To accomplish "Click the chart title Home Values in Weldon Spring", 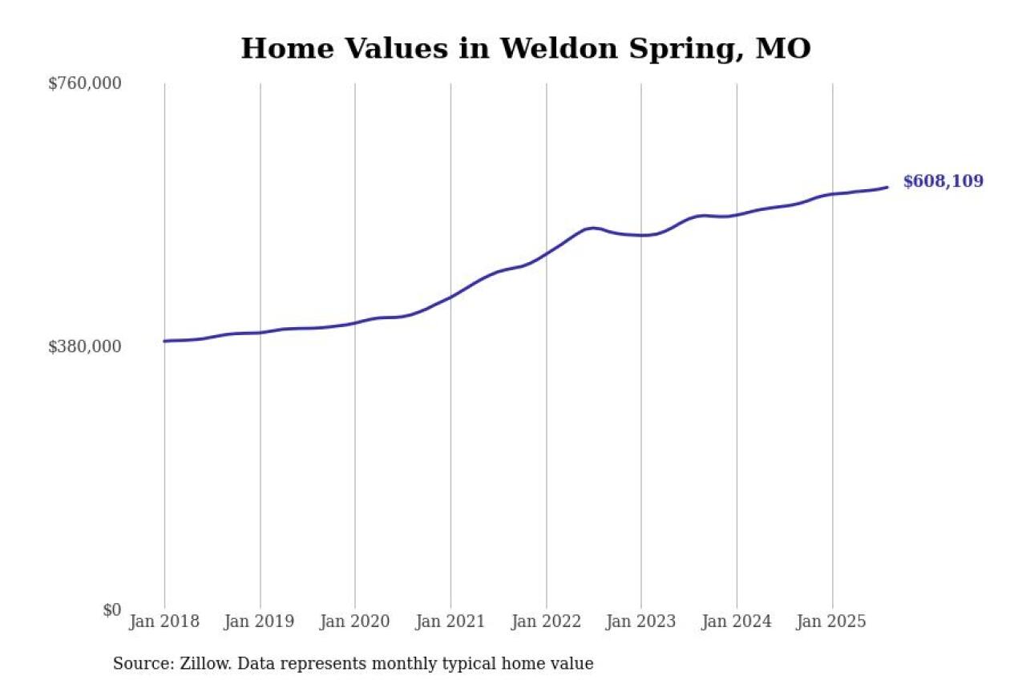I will click(526, 49).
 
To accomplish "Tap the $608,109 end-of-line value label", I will click(943, 181).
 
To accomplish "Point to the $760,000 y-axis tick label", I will click(85, 83).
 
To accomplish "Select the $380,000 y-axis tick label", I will click(85, 346).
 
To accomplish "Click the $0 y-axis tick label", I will click(111, 609).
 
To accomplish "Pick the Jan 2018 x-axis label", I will click(164, 621).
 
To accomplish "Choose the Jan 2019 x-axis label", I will click(260, 621).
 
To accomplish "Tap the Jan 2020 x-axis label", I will click(355, 621).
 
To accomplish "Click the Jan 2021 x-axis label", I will click(450, 621).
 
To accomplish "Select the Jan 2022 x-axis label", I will click(546, 621).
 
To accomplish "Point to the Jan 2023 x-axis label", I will click(641, 621).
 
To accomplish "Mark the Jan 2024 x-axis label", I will click(737, 621).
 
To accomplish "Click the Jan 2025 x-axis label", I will click(832, 621).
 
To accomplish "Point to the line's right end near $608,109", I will click(887, 187).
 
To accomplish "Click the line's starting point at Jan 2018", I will click(164, 341).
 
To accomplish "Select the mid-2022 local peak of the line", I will click(592, 228).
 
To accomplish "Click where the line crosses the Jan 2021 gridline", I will click(450, 297).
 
